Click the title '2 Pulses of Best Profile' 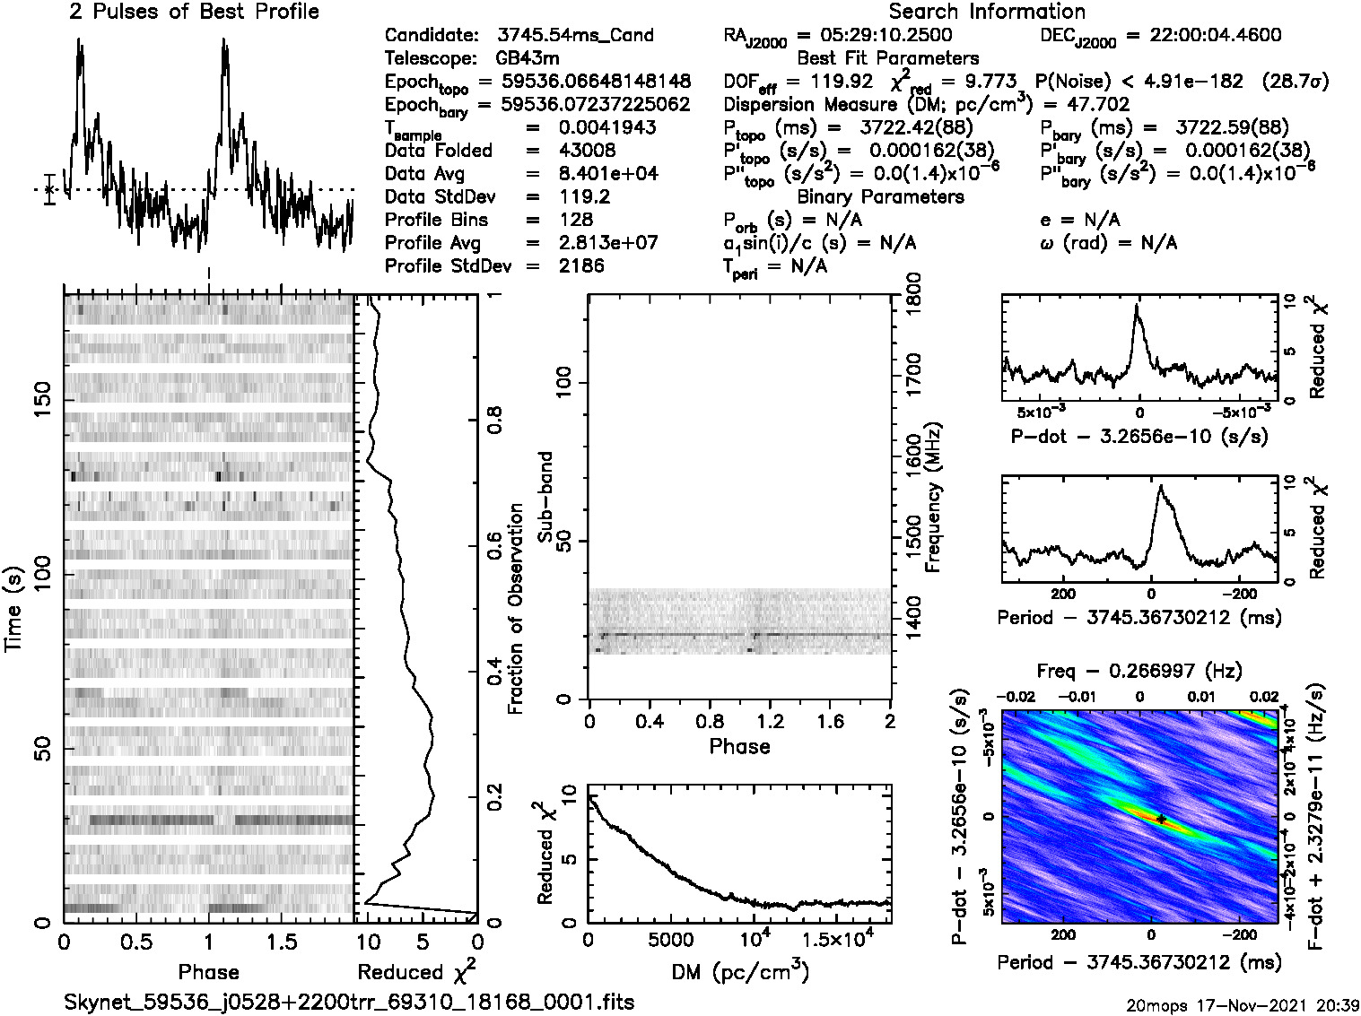tap(194, 12)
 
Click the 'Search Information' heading tap(987, 12)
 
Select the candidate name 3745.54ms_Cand tap(575, 36)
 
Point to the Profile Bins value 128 tap(575, 220)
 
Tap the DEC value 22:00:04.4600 tap(1202, 36)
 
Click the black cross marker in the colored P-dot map tap(1161, 819)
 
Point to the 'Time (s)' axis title tap(14, 609)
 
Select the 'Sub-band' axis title tap(545, 496)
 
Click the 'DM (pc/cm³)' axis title tap(739, 972)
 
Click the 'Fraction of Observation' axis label tap(516, 609)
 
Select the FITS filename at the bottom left tap(349, 1002)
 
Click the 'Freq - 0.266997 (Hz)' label tap(1139, 671)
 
